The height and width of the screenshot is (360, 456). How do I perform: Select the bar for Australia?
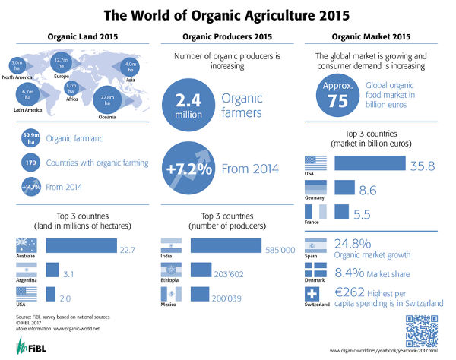[81, 245]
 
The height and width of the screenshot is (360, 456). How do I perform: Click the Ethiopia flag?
[170, 271]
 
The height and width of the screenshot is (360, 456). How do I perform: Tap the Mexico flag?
[170, 295]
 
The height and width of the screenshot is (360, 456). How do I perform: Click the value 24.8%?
[353, 245]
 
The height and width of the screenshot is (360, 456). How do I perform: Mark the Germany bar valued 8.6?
[344, 188]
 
